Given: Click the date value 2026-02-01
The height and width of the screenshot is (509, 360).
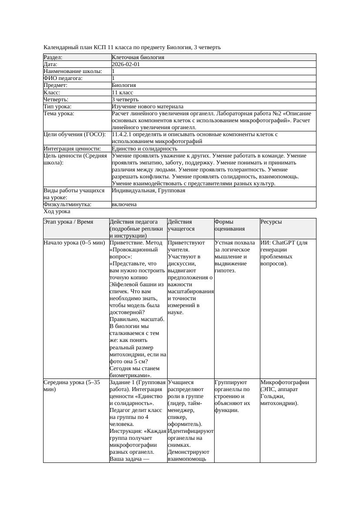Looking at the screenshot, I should coord(126,64).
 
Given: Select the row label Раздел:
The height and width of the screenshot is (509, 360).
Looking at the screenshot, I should coord(53,57).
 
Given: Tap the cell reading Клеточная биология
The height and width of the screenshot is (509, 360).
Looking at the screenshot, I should coord(138,57).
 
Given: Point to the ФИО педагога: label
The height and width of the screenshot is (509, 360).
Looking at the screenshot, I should coord(63,78).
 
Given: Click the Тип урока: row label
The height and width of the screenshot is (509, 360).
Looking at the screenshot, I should coord(57,107).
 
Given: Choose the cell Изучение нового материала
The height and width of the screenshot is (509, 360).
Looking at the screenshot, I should coord(148,107).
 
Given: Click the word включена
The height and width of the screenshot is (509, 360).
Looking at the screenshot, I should coord(124,204).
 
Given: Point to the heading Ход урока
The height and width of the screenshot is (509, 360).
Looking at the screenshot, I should coord(57,211).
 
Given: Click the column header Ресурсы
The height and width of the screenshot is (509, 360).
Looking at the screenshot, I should coord(271,222).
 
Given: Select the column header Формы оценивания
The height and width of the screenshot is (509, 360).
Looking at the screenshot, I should coord(229,225).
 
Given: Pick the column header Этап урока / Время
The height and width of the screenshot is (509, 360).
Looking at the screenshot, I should coord(68,222).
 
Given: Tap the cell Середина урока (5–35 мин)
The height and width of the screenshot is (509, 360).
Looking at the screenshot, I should coord(72,386).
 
